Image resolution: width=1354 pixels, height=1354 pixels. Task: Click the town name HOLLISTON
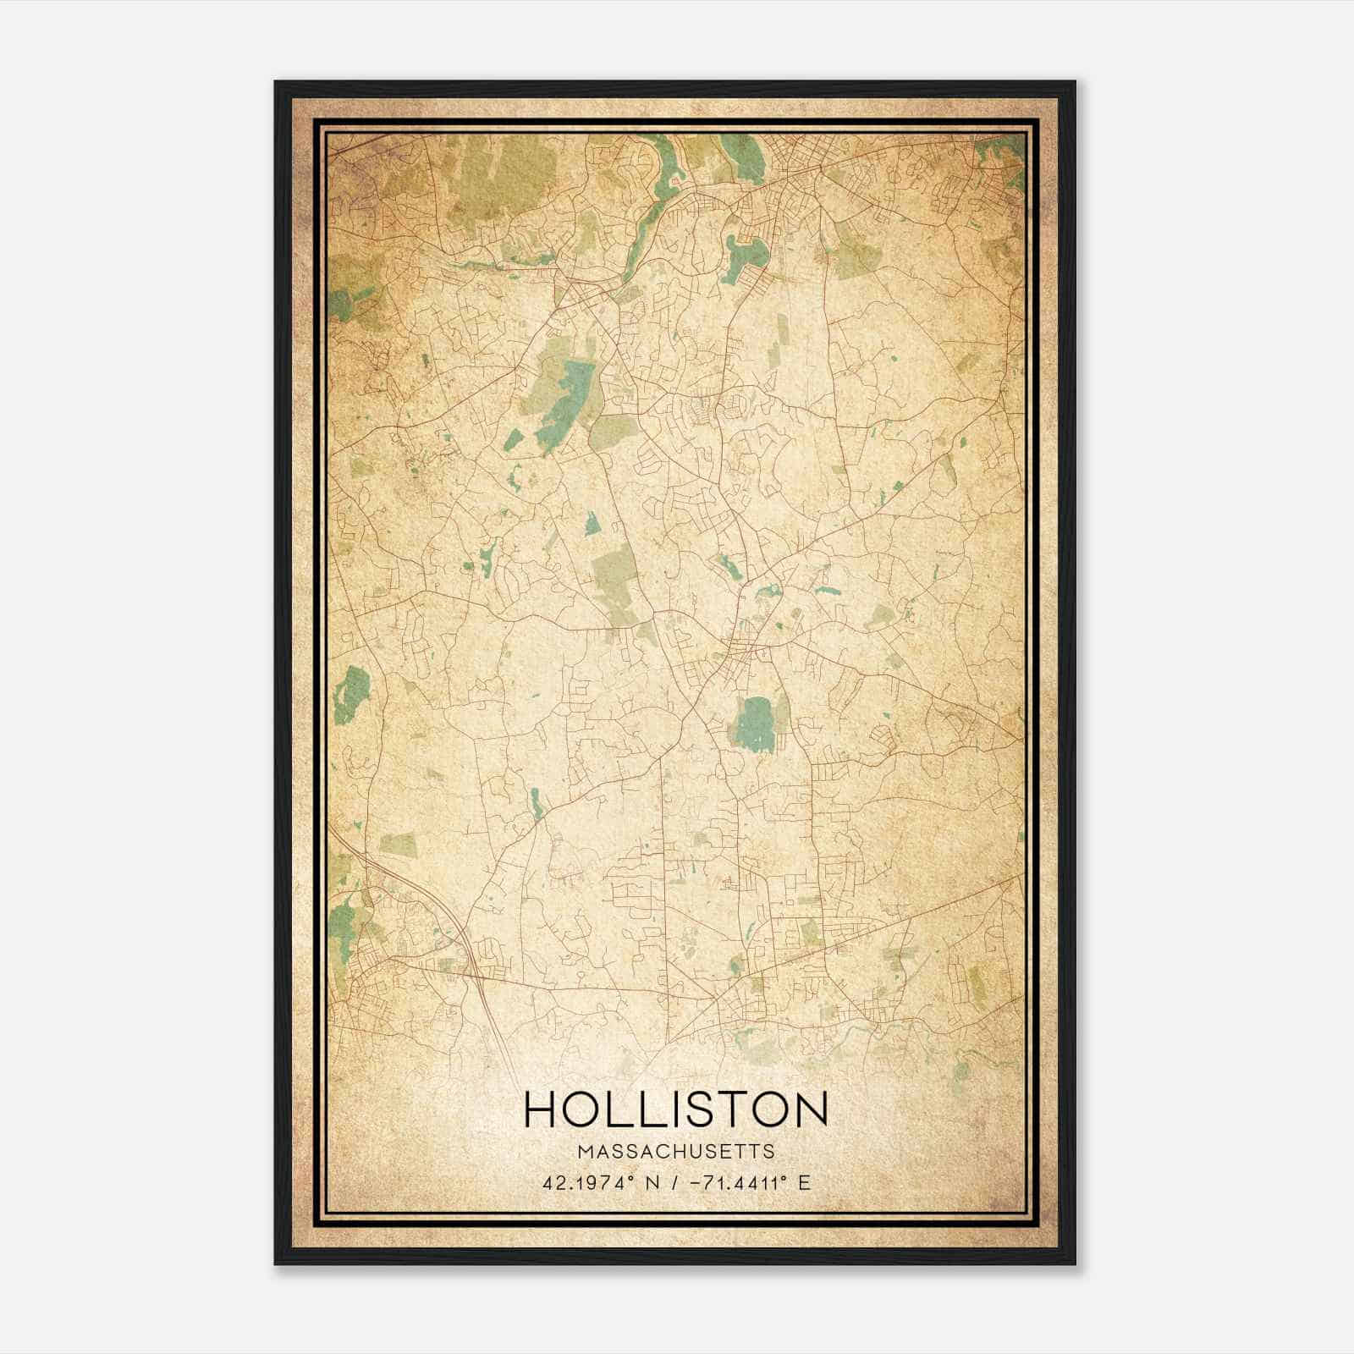tap(675, 1109)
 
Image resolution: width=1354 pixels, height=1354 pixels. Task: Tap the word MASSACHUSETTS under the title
tap(675, 1151)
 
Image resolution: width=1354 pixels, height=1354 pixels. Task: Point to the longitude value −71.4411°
tap(740, 1182)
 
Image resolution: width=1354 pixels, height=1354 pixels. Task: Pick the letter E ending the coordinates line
tap(804, 1182)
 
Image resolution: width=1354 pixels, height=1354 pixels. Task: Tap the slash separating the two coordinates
tap(674, 1182)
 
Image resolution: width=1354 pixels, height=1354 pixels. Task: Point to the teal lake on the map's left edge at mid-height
tap(350, 694)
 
